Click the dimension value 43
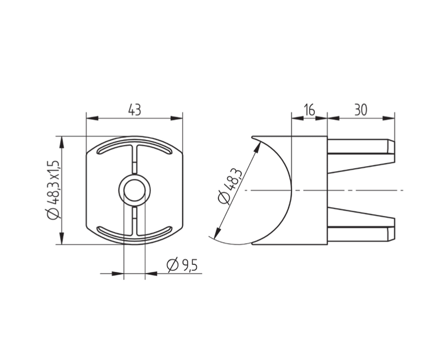pyautogui.click(x=135, y=110)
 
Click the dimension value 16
pyautogui.click(x=309, y=110)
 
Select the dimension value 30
pyautogui.click(x=361, y=110)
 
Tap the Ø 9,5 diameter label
pyautogui.click(x=182, y=265)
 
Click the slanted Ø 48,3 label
pyautogui.click(x=230, y=186)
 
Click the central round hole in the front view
pyautogui.click(x=135, y=190)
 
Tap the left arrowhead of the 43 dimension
pyautogui.click(x=92, y=118)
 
